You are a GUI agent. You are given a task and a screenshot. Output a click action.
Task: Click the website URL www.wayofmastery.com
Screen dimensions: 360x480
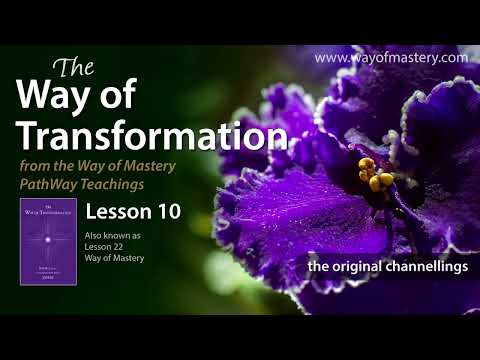point(391,58)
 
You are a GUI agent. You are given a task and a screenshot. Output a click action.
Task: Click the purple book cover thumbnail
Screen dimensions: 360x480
point(48,241)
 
